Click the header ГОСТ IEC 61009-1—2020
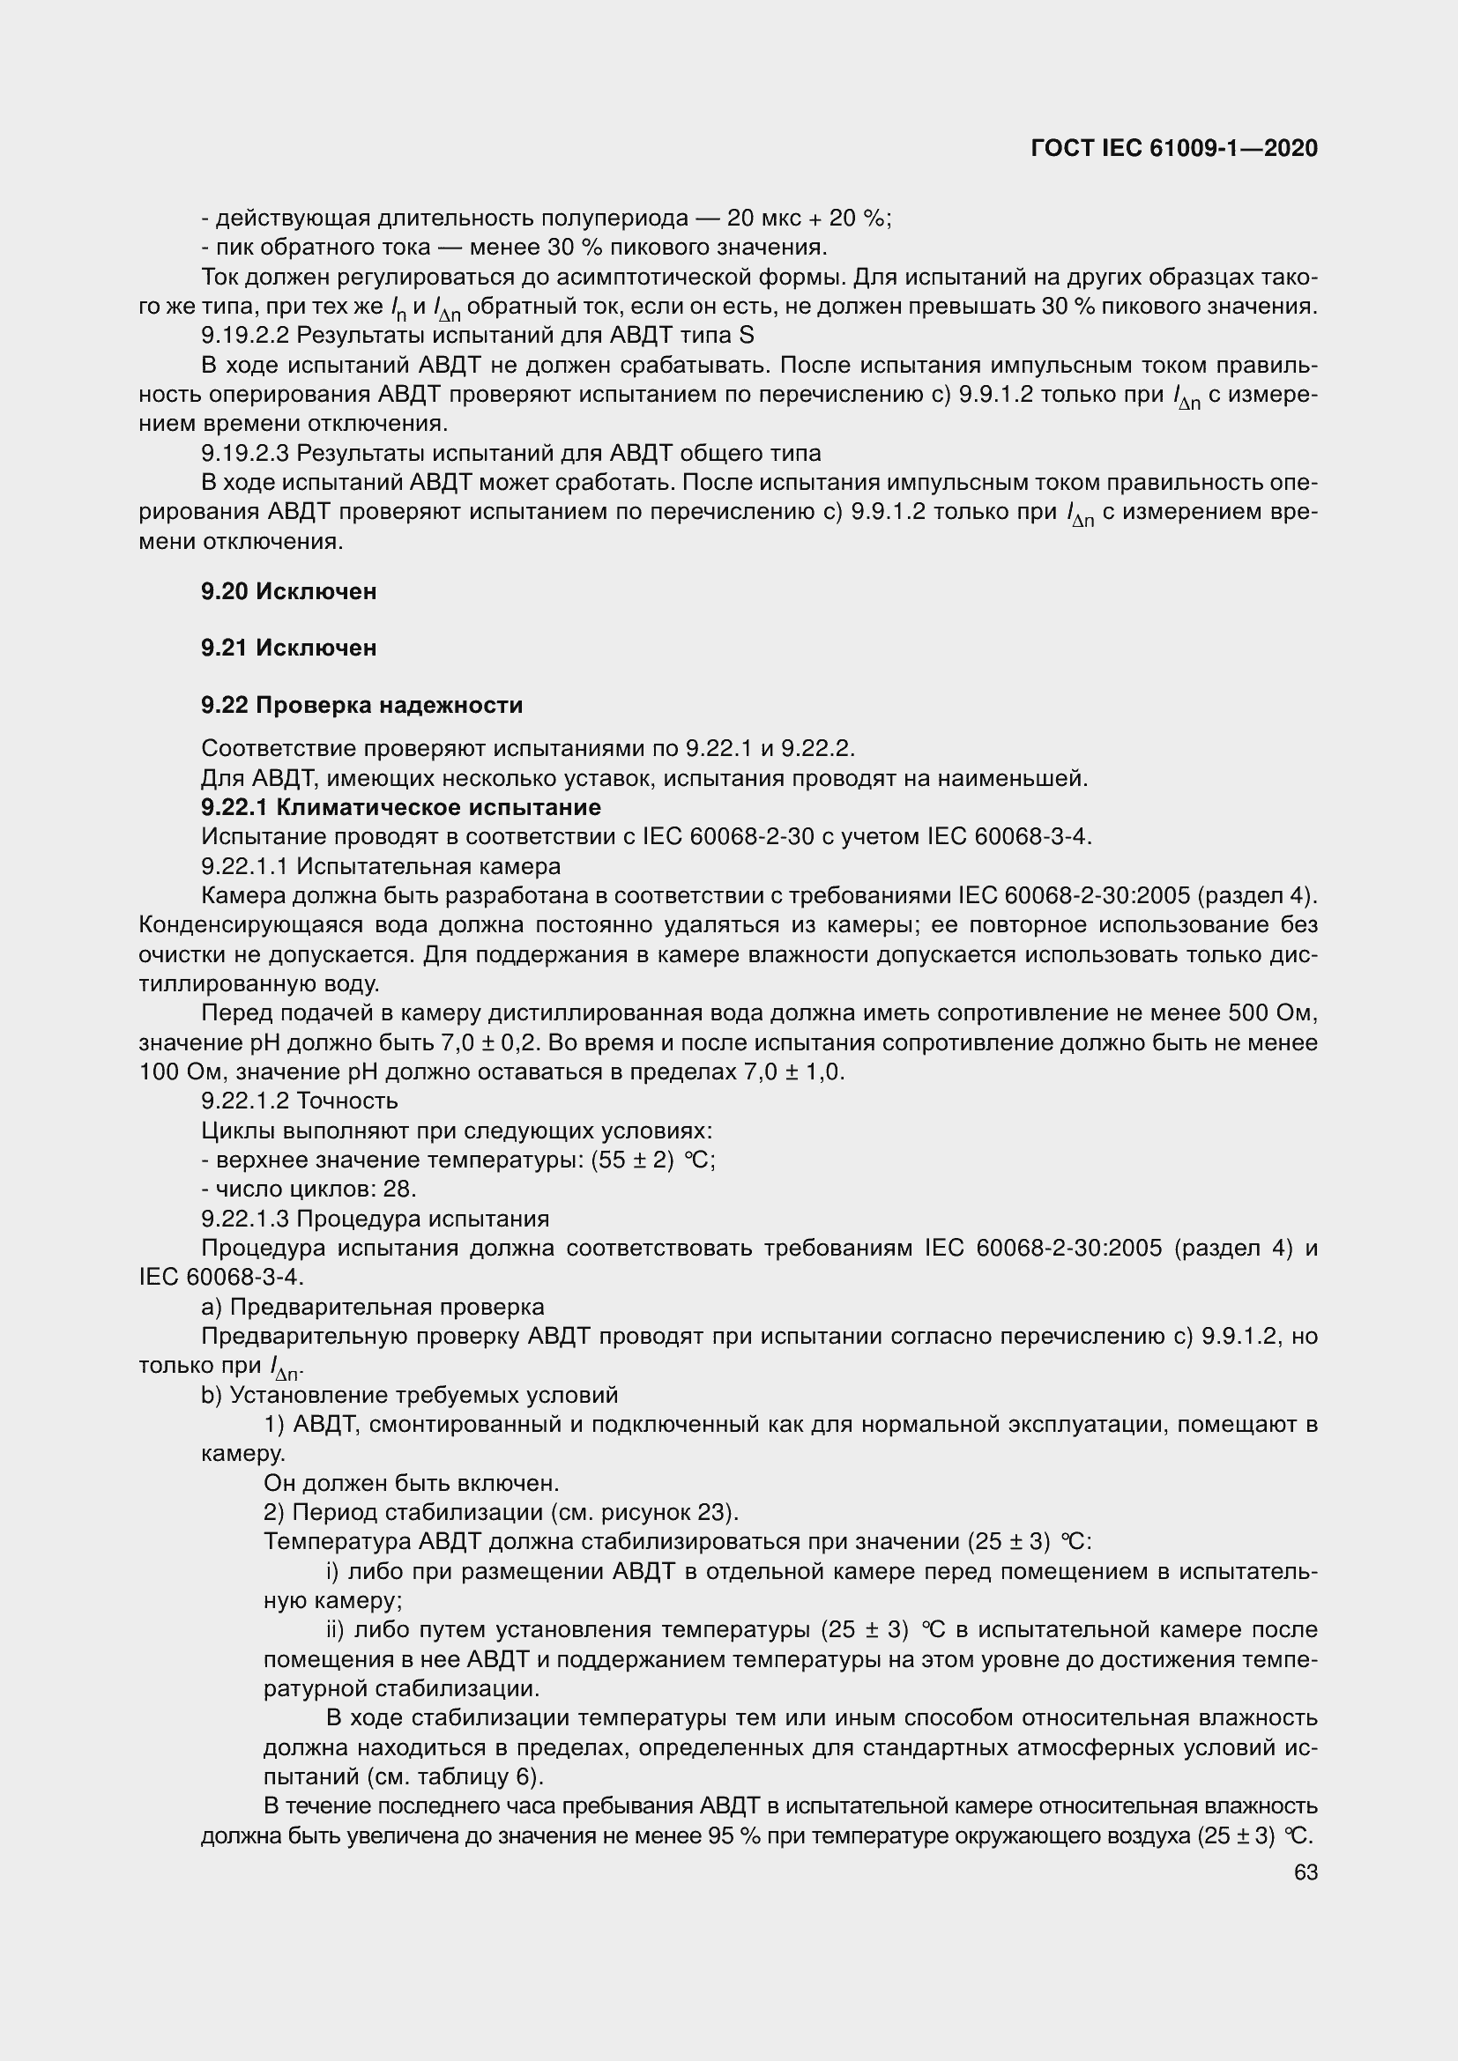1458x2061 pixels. (x=1174, y=149)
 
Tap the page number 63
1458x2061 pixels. (x=1306, y=1872)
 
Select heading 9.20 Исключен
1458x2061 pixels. (x=288, y=591)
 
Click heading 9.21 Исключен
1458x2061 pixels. (x=288, y=649)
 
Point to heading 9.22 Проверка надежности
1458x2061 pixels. (x=361, y=706)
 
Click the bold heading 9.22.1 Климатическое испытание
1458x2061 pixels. (x=400, y=807)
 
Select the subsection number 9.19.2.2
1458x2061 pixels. (x=245, y=336)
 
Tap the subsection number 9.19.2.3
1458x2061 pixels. (x=245, y=453)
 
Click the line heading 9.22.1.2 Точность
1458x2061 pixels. (x=299, y=1101)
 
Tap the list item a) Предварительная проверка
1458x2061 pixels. (x=373, y=1307)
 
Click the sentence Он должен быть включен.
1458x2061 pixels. (x=411, y=1484)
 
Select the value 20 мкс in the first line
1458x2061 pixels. (x=755, y=219)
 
